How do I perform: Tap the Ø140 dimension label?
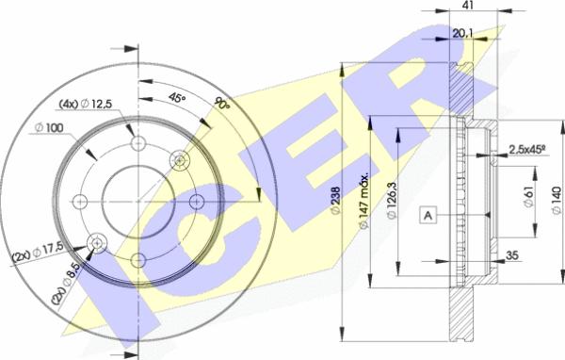[x=557, y=200]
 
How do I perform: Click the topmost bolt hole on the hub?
[x=138, y=144]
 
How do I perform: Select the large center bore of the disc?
[x=137, y=202]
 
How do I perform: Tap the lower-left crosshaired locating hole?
[x=96, y=243]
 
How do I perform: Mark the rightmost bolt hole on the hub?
[x=196, y=202]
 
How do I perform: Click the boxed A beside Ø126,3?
[x=428, y=217]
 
